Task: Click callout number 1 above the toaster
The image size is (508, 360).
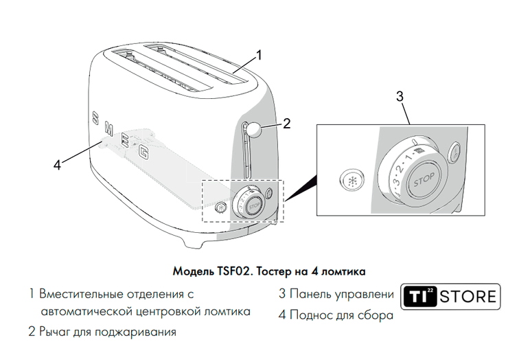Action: pos(259,55)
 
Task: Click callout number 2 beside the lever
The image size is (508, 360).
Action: pos(286,124)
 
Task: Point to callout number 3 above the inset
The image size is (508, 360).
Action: pos(400,96)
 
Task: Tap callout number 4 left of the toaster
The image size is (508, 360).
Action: pos(57,166)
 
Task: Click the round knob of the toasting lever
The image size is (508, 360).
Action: pos(255,129)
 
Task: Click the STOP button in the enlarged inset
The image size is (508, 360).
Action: pos(424,180)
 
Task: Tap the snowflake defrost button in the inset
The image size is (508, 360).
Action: pos(352,180)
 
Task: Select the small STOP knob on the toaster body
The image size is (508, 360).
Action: pos(254,206)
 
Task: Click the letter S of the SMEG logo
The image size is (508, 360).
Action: pos(95,118)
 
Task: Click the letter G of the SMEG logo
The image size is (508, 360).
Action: pos(143,152)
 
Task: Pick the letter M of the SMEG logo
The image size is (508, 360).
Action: pos(108,128)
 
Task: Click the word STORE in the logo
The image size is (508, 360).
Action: pos(467,297)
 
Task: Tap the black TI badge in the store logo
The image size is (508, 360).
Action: pos(419,296)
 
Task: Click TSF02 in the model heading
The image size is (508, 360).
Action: pos(232,271)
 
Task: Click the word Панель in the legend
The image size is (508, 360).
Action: pos(310,294)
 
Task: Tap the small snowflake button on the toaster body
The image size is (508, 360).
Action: pos(221,207)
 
